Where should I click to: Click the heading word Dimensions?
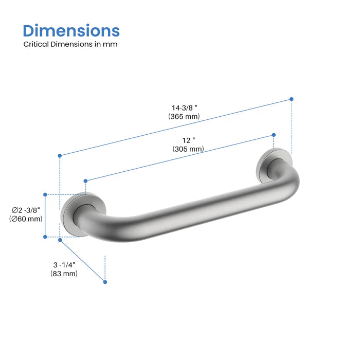point(71,30)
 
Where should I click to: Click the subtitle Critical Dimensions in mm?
point(70,44)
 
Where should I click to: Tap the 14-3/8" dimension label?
point(184,107)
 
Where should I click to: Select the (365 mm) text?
point(184,117)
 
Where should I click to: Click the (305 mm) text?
point(188,149)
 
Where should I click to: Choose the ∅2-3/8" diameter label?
point(25,210)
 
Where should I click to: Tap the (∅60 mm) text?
point(26,219)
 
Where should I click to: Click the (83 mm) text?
point(64,274)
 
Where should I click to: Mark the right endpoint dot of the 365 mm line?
point(292,99)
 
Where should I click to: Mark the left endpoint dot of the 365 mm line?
point(60,155)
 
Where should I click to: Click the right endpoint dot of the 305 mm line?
point(273,135)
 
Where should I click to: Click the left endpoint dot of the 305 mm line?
point(85,181)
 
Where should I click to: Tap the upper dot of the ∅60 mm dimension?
point(45,194)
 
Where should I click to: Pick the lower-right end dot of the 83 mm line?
point(105,282)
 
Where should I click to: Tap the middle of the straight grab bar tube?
point(195,211)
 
